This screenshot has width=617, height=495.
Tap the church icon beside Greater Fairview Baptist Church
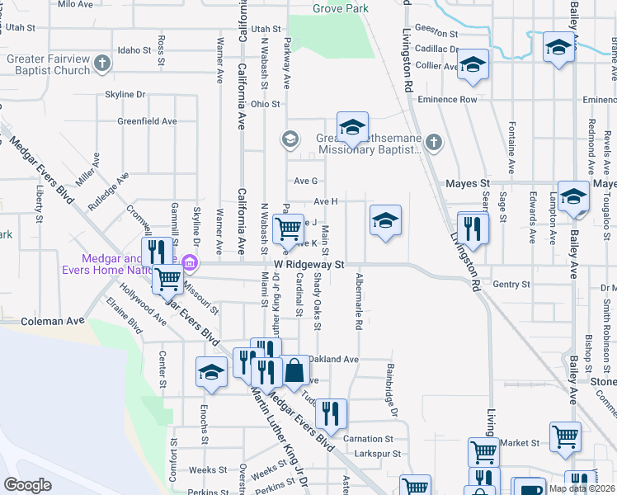(101, 63)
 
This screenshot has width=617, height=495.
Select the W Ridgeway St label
(308, 265)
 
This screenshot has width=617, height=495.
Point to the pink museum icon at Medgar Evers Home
(191, 264)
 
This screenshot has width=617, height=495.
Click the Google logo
(28, 485)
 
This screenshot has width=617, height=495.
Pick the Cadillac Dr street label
(436, 49)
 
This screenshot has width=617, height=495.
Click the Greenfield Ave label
(147, 120)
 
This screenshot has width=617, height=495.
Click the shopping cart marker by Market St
(565, 436)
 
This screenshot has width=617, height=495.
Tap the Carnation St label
(368, 439)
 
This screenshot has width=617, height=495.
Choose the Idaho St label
(135, 50)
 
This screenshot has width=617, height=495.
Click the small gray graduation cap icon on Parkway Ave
(290, 139)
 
